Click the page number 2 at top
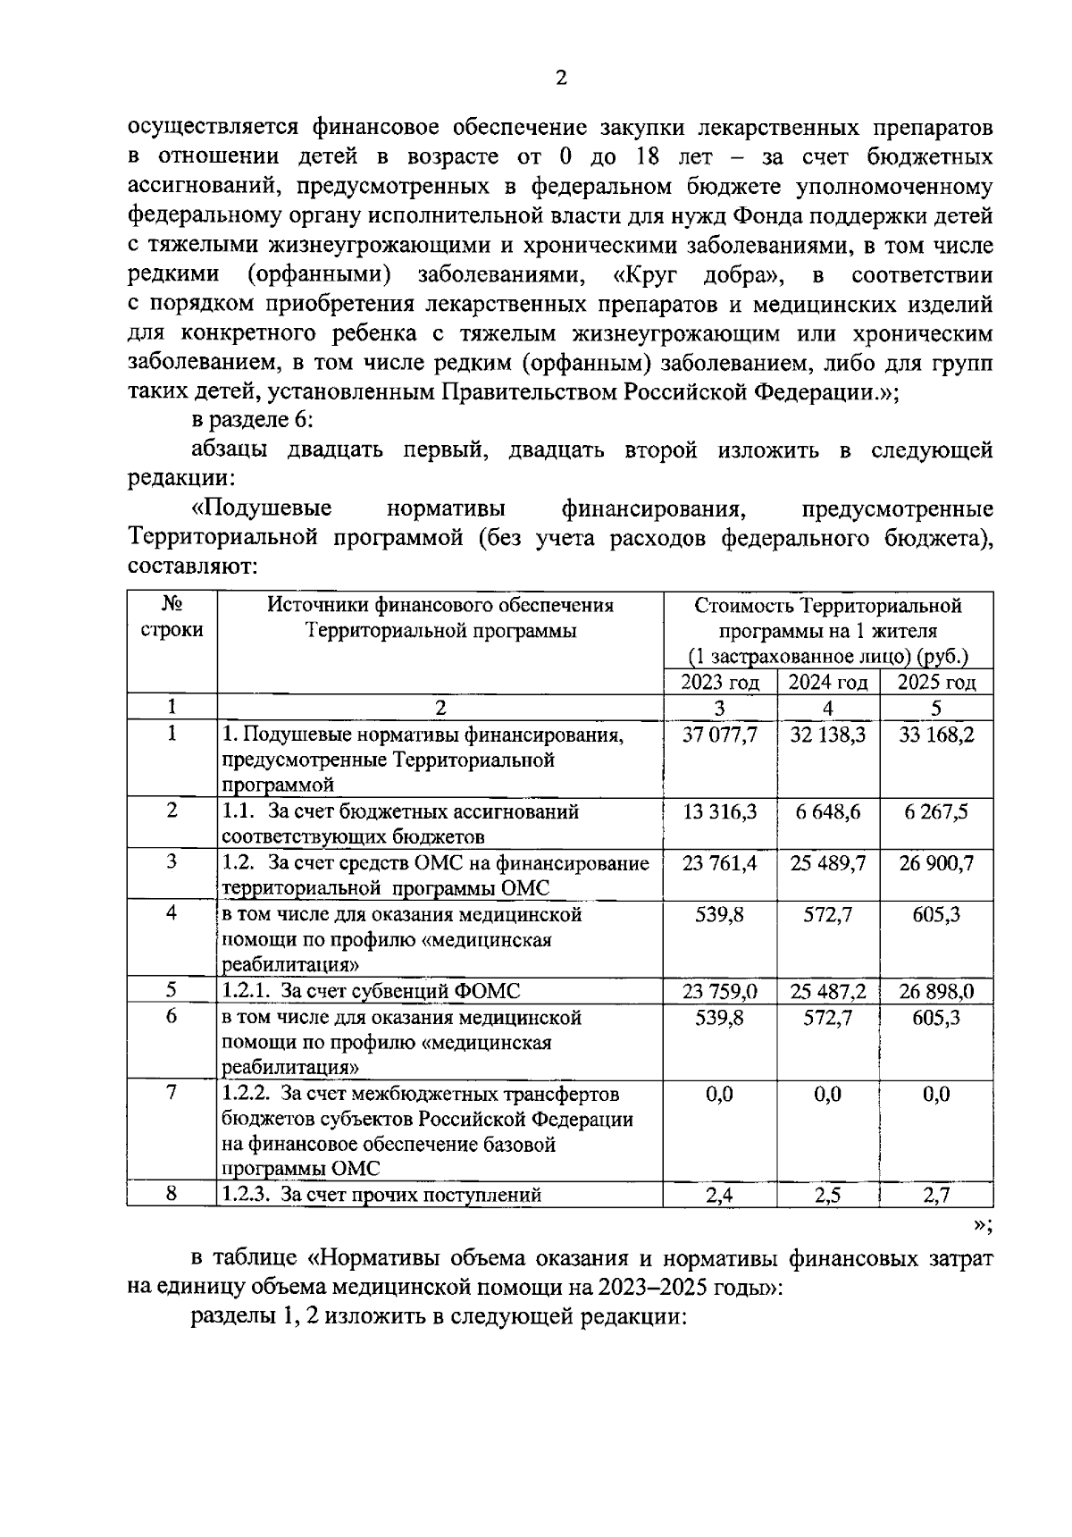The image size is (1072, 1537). pyautogui.click(x=560, y=79)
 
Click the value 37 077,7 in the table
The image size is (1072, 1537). pyautogui.click(x=719, y=735)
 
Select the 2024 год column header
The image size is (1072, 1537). pyautogui.click(x=827, y=683)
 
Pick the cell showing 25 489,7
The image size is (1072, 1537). pyautogui.click(x=827, y=864)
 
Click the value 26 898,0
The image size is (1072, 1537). pyautogui.click(x=935, y=991)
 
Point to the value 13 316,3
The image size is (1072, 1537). pyautogui.click(x=719, y=812)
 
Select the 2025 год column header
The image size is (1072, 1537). pyautogui.click(x=935, y=683)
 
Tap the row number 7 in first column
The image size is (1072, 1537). pyautogui.click(x=172, y=1093)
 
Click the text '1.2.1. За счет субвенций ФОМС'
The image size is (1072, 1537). pyautogui.click(x=371, y=991)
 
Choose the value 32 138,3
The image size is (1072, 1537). pyautogui.click(x=827, y=735)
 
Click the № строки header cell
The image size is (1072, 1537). pyautogui.click(x=172, y=617)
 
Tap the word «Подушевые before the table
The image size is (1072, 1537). pyautogui.click(x=261, y=509)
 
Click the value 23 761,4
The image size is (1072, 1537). pyautogui.click(x=719, y=864)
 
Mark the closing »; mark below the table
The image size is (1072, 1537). pyautogui.click(x=983, y=1225)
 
